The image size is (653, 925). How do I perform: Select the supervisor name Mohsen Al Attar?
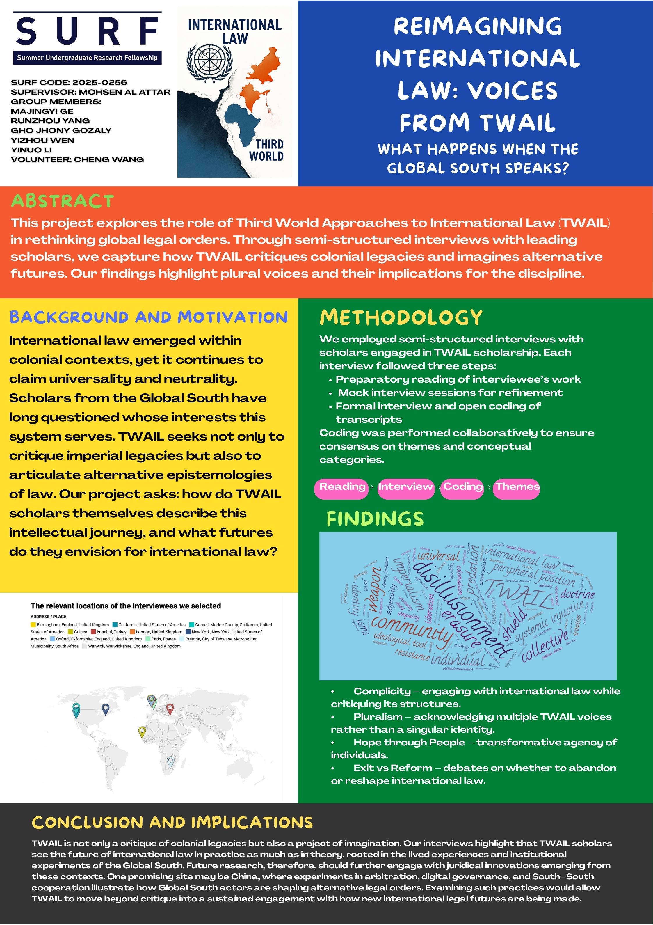coord(124,92)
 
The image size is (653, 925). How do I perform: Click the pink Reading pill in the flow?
coord(341,487)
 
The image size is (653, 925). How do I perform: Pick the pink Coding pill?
coord(462,487)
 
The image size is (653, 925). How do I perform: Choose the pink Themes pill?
coord(517,487)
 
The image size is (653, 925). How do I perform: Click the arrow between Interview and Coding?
coord(437,487)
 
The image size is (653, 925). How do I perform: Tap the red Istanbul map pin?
coord(170,708)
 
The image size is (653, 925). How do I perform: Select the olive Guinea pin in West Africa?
coord(141,731)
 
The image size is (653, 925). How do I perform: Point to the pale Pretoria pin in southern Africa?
coord(170,761)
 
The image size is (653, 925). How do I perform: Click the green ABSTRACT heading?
coord(63,201)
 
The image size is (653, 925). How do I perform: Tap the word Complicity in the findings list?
coord(382,691)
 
